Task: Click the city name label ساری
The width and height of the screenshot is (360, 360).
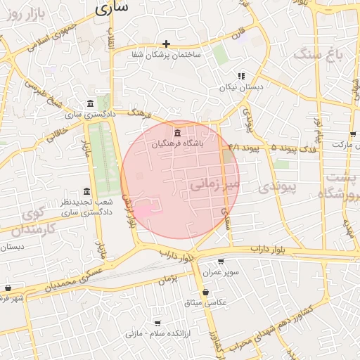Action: [112, 8]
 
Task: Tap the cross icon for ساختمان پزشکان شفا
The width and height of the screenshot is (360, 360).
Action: [167, 44]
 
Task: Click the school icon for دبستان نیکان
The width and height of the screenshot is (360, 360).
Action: [241, 76]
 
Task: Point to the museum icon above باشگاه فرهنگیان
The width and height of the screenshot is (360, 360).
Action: [176, 133]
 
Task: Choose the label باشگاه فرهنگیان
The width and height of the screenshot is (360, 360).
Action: [176, 143]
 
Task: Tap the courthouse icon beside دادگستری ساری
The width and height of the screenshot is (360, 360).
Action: [91, 104]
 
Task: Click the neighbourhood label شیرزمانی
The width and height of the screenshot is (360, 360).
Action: [214, 185]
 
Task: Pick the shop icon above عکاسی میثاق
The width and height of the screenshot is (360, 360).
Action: [205, 292]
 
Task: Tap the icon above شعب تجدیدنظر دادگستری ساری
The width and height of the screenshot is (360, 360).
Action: [86, 191]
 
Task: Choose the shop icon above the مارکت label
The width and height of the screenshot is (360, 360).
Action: [352, 134]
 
